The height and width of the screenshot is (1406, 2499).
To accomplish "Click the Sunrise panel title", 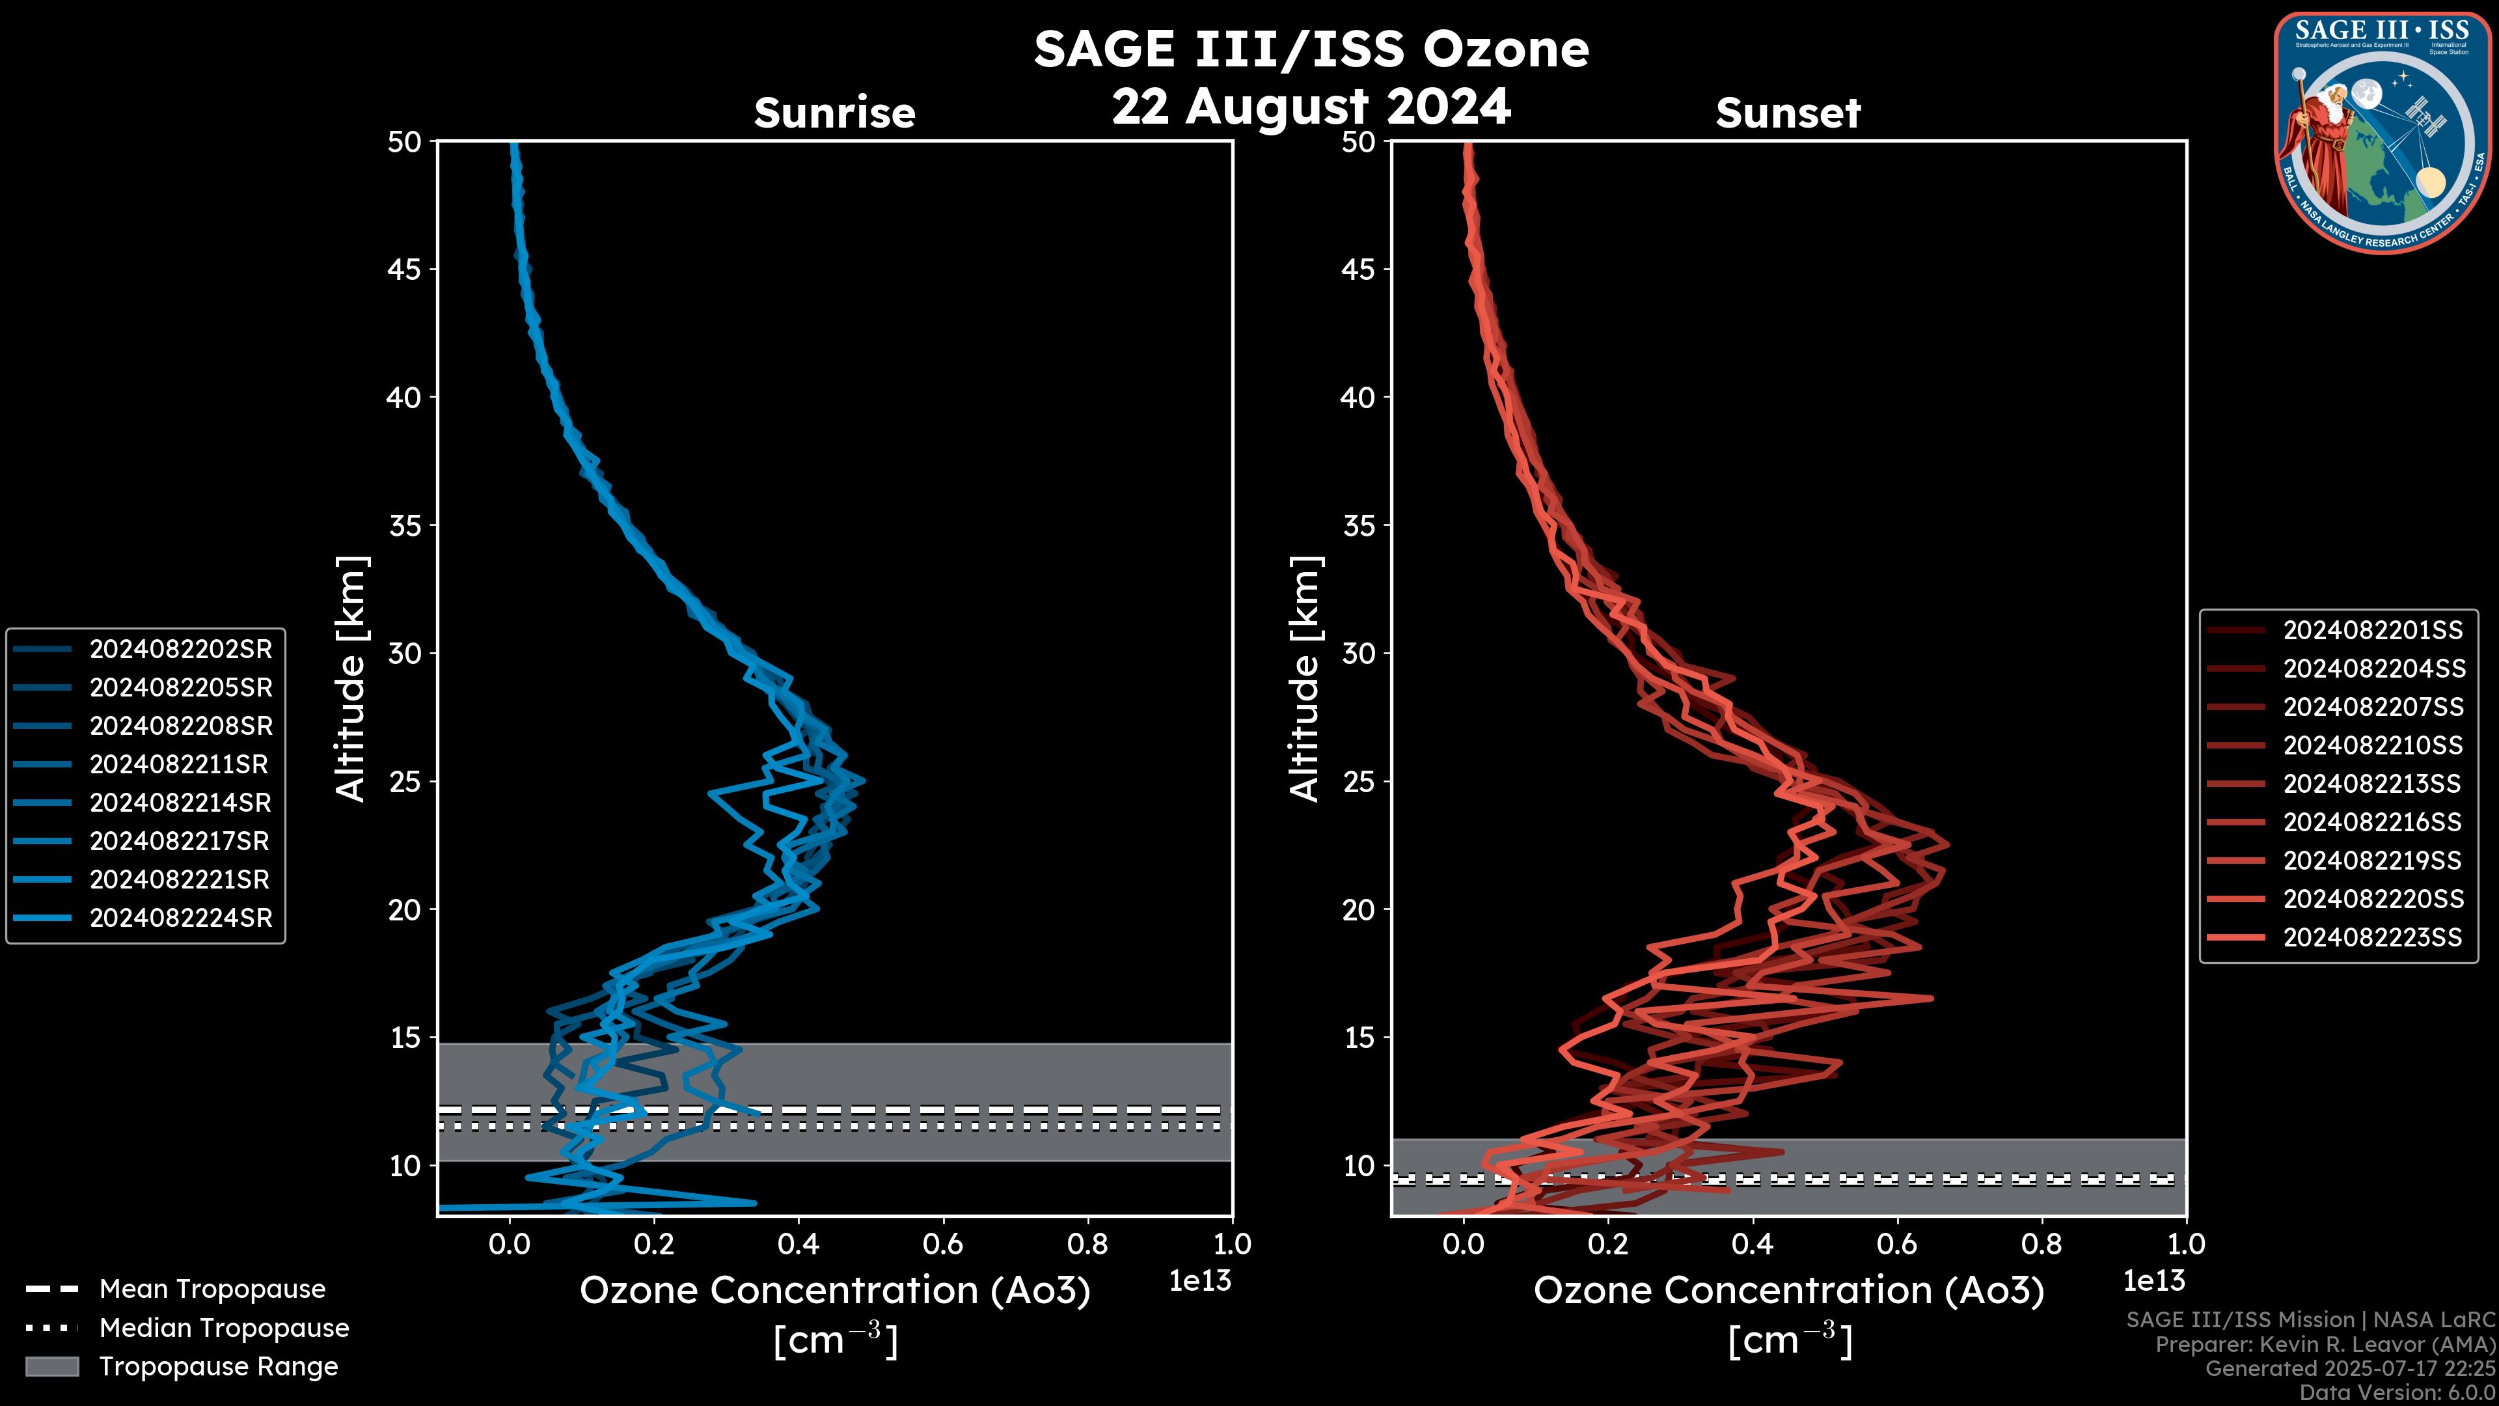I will pyautogui.click(x=834, y=113).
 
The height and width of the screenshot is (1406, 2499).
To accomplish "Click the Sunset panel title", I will pyautogui.click(x=1788, y=113).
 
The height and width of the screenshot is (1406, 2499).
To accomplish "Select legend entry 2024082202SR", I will pyautogui.click(x=180, y=649).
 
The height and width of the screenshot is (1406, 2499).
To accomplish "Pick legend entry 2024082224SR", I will pyautogui.click(x=180, y=918).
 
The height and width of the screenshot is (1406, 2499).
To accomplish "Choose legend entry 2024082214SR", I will pyautogui.click(x=180, y=803).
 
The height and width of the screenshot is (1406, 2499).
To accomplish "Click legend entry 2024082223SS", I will pyautogui.click(x=2372, y=937).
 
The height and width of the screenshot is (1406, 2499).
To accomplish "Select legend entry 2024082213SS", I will pyautogui.click(x=2372, y=784).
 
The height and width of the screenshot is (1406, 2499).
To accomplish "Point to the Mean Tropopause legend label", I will pyautogui.click(x=212, y=1289).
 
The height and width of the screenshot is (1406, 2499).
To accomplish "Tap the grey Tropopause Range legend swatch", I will pyautogui.click(x=51, y=1366).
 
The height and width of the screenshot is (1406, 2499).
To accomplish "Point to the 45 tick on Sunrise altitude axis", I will pyautogui.click(x=405, y=269).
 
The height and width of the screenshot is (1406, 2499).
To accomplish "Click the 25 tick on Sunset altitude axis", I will pyautogui.click(x=1359, y=781).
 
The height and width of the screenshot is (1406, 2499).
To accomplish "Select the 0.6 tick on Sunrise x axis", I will pyautogui.click(x=943, y=1244).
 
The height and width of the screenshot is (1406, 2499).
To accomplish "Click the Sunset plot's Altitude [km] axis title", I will pyautogui.click(x=1305, y=679).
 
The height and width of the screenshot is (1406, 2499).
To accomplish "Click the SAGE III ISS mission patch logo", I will pyautogui.click(x=2380, y=133).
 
